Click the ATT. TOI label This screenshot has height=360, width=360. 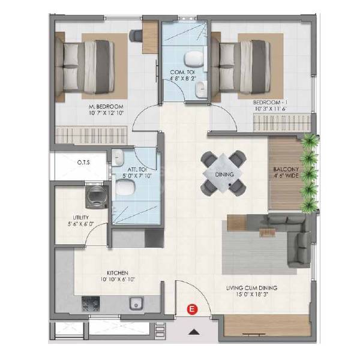[133, 173]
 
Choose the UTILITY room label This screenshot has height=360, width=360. [80, 221]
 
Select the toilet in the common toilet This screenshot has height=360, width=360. [192, 59]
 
